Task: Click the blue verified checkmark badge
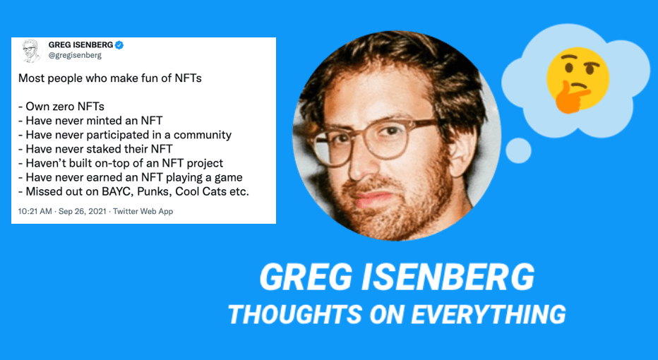click(119, 44)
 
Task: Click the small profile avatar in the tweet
click(30, 49)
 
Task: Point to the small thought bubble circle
click(519, 149)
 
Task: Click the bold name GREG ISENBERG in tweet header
click(80, 44)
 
